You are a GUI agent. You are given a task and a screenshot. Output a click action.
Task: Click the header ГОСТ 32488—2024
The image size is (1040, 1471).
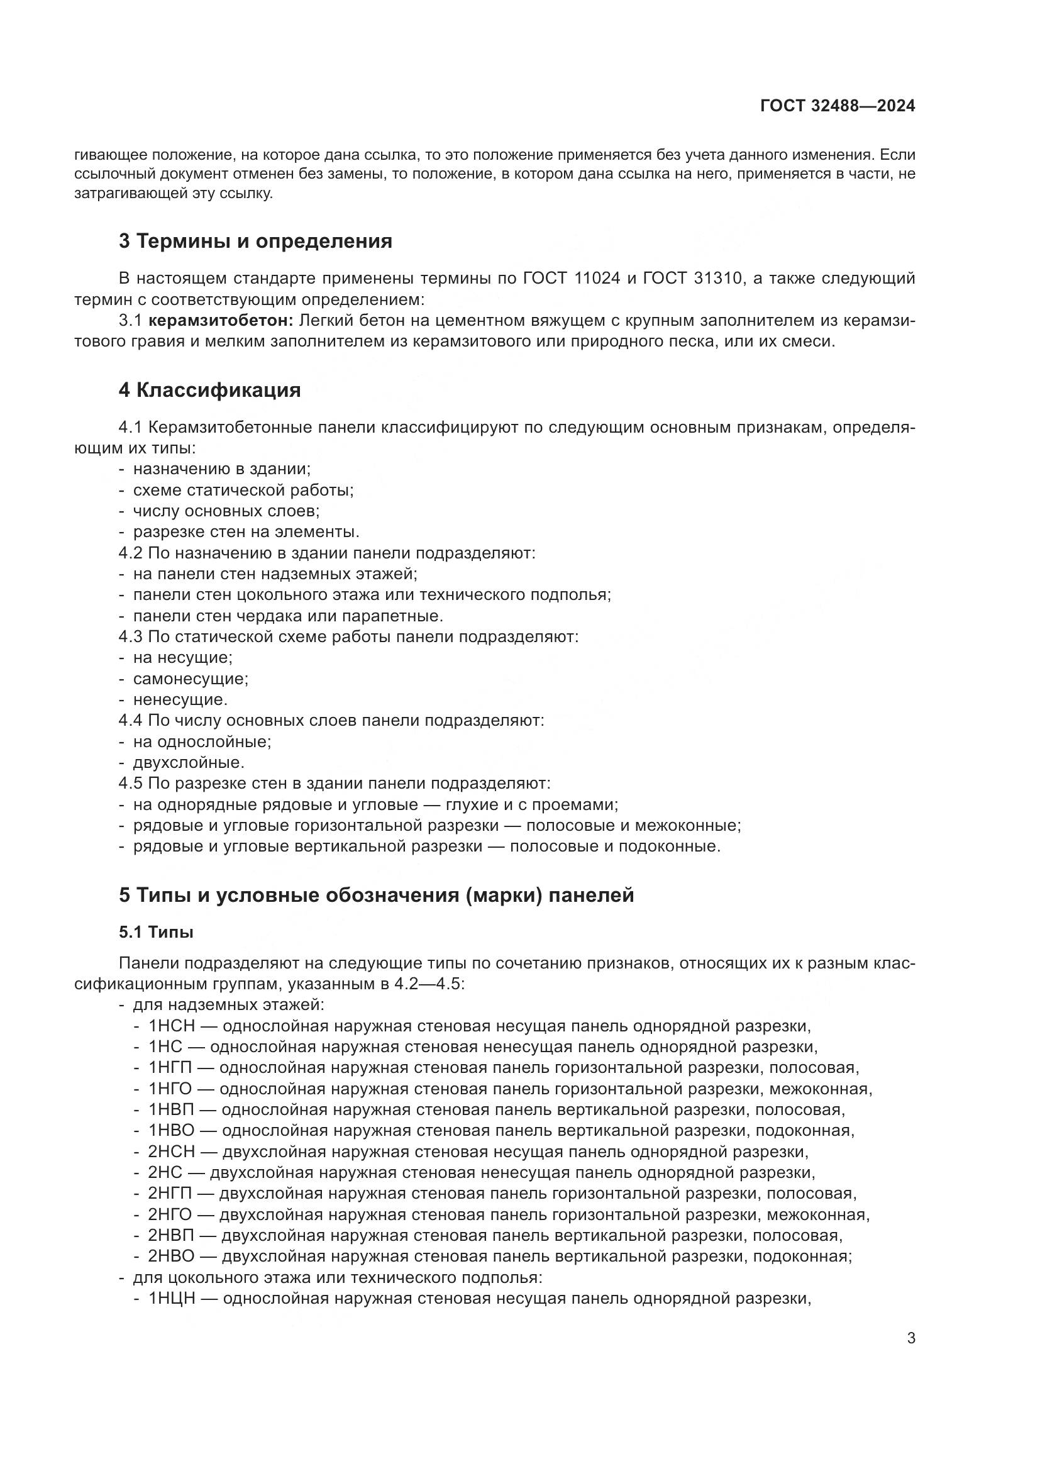[837, 106]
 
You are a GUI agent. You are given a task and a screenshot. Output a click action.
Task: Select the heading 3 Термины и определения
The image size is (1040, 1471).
[255, 241]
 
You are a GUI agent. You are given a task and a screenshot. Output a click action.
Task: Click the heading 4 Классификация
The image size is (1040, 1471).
[209, 390]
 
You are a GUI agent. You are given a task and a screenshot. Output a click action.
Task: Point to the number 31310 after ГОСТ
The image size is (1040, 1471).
[715, 279]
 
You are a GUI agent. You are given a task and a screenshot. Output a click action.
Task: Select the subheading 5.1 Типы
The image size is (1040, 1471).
[155, 932]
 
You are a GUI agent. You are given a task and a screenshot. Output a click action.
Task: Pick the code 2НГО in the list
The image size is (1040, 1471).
[170, 1215]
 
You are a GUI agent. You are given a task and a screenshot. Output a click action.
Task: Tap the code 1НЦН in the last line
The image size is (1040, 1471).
[171, 1299]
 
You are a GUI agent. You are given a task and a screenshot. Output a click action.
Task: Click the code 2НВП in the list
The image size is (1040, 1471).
[171, 1235]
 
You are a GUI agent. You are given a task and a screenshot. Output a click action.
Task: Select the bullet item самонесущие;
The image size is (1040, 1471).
[190, 679]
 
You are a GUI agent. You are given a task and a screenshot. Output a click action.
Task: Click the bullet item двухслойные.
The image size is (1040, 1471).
[188, 763]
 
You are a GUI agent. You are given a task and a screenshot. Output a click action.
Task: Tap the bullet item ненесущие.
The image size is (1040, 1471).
[180, 700]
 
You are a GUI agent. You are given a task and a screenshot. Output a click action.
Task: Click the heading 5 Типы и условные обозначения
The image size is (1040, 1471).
[376, 895]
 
